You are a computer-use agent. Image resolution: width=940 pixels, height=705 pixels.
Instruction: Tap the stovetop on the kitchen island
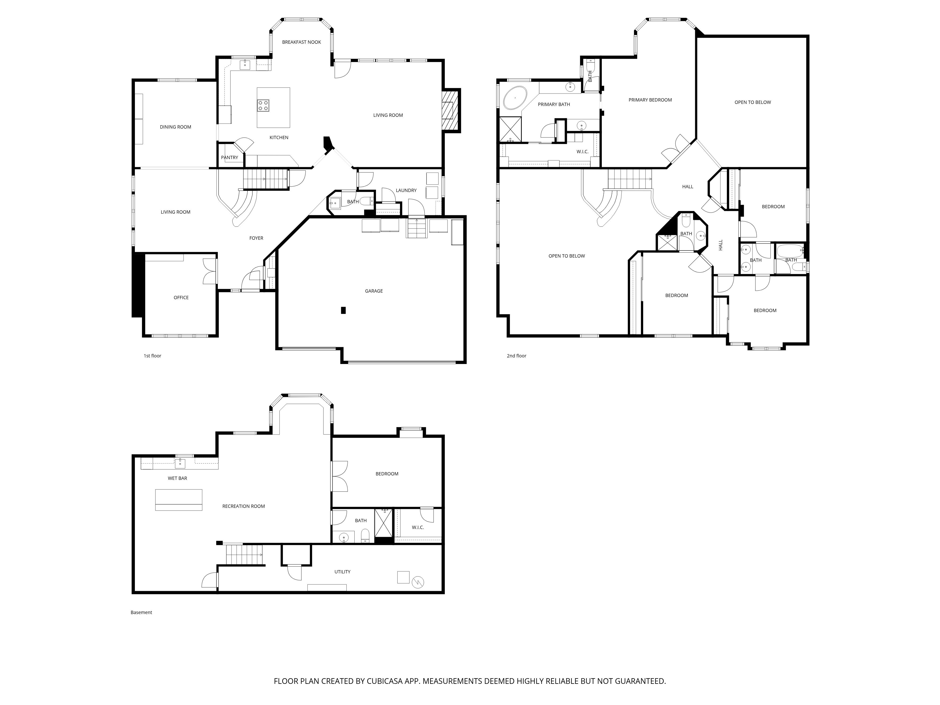click(x=263, y=105)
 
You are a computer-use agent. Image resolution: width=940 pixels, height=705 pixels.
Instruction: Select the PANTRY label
click(x=229, y=158)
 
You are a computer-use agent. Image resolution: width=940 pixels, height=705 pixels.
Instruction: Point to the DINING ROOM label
click(x=176, y=127)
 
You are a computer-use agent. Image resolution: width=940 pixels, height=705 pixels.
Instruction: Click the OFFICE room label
click(x=181, y=298)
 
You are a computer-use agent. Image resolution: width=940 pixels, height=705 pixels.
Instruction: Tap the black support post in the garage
click(x=343, y=310)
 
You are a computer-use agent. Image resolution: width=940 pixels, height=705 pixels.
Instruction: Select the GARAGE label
click(x=374, y=291)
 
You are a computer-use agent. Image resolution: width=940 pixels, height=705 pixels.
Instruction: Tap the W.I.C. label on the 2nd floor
click(x=582, y=152)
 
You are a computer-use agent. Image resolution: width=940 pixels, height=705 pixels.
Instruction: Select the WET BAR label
click(x=177, y=478)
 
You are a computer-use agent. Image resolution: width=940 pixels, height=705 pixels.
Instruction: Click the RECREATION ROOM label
click(x=243, y=506)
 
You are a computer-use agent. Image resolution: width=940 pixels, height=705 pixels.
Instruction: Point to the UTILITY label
click(x=342, y=572)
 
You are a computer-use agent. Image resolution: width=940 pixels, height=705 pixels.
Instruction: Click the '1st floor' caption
click(x=153, y=356)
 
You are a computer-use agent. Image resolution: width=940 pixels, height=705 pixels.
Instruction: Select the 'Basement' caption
click(x=141, y=612)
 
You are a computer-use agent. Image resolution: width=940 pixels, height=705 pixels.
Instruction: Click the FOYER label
click(x=256, y=238)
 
